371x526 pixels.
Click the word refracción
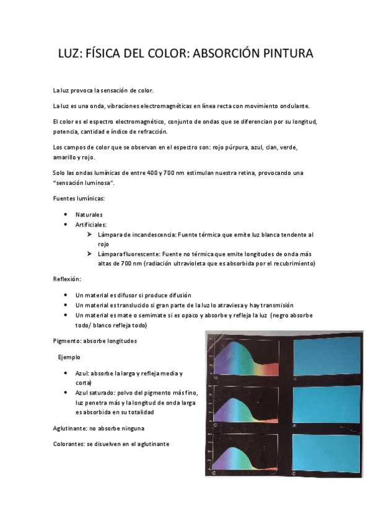151,131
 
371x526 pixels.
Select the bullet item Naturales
89,214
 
